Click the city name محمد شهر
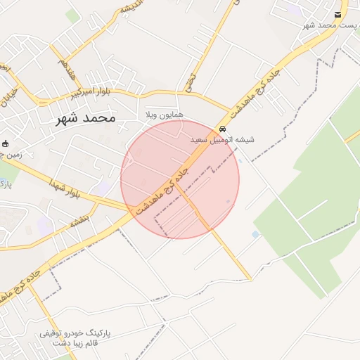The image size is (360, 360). pos(85,118)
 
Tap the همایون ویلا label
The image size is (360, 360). pos(163,114)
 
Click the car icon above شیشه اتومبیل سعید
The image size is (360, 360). pos(222,129)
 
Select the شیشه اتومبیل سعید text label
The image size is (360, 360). pos(223,140)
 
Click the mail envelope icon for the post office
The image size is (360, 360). pos(339,15)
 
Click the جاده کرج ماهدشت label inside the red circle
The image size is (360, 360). pos(163,188)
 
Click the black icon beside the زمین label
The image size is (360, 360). pos(6,143)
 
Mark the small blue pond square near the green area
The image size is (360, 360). pos(255,234)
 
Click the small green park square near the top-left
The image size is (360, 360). pos(72,15)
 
